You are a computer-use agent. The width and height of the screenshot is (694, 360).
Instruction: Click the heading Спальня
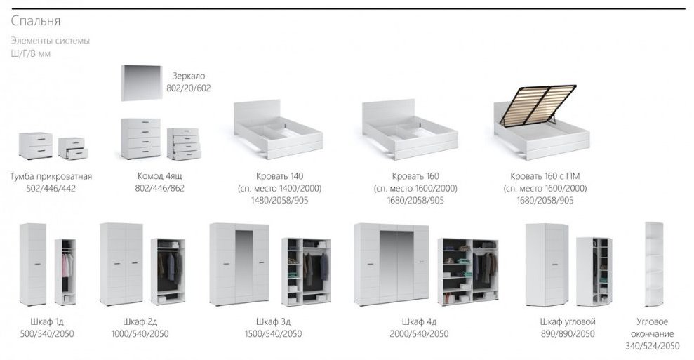36,21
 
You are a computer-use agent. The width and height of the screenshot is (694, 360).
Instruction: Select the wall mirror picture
142,83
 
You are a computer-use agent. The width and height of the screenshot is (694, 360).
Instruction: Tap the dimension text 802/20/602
189,88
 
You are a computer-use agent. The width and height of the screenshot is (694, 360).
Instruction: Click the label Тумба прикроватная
51,176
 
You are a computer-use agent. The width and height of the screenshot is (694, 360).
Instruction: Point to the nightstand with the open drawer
73,148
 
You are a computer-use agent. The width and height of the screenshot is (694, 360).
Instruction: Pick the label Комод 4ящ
160,176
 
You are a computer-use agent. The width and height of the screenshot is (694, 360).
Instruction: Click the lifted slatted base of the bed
538,105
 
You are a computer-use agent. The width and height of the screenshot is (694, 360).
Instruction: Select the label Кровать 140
280,176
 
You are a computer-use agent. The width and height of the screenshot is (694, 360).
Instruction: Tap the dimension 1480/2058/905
280,200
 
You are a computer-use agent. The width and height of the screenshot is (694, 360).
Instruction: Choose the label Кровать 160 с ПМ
545,176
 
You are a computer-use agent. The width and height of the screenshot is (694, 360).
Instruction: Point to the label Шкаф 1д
47,321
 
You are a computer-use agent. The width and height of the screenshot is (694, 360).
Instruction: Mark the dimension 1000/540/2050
140,333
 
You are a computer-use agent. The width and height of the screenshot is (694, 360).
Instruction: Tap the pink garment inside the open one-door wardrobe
66,266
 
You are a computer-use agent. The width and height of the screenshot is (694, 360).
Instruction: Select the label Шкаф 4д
419,321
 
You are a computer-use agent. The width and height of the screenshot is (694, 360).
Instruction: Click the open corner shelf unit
654,265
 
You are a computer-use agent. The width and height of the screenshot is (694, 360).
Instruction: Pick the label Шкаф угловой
568,321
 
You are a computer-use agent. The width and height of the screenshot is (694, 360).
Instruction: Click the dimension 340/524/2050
652,346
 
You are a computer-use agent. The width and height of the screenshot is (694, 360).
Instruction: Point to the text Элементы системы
51,41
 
